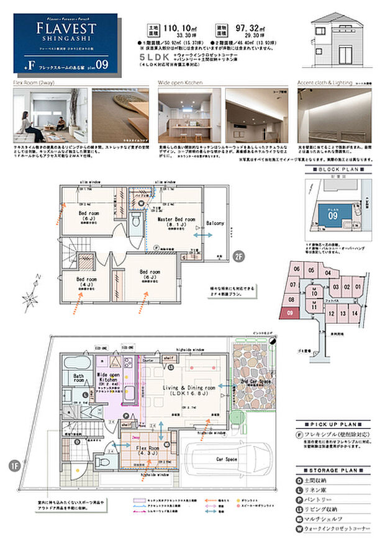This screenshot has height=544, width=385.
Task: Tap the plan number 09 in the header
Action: click(102, 64)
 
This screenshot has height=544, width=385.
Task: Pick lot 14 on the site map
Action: click(353, 314)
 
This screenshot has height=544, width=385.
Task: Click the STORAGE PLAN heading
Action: click(333, 471)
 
